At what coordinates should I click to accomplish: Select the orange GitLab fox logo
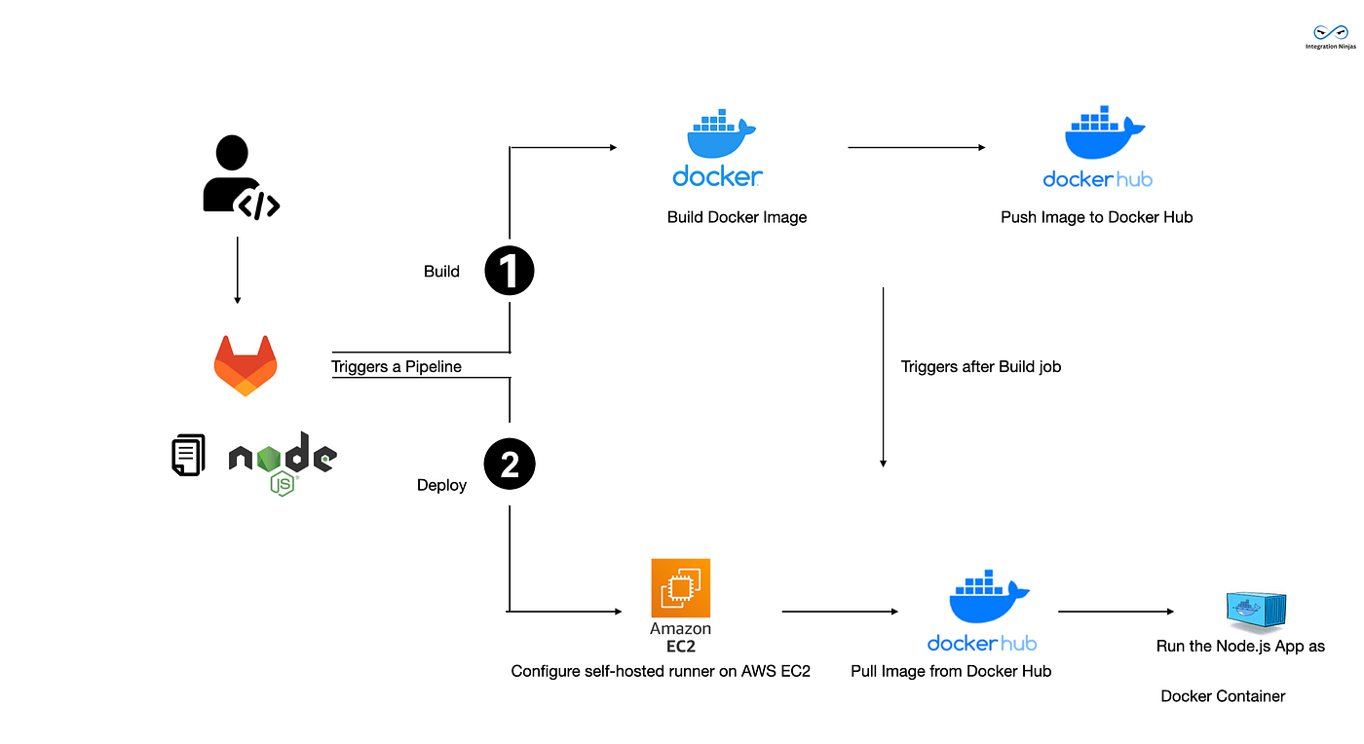(246, 365)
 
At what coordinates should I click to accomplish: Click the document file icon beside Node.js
(188, 455)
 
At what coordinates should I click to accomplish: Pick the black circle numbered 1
(510, 271)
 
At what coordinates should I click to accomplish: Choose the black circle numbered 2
(510, 465)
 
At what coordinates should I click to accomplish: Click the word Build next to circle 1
(441, 272)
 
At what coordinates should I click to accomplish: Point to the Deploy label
(441, 485)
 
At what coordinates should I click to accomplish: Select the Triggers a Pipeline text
(397, 367)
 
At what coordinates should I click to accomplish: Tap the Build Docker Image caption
(737, 217)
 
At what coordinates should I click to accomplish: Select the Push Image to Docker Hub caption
(1096, 217)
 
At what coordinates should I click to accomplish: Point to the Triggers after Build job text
(981, 367)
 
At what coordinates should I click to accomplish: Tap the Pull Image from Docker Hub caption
(951, 671)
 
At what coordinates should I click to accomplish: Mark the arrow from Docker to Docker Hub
(916, 148)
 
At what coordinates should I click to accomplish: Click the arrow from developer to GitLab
(238, 274)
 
